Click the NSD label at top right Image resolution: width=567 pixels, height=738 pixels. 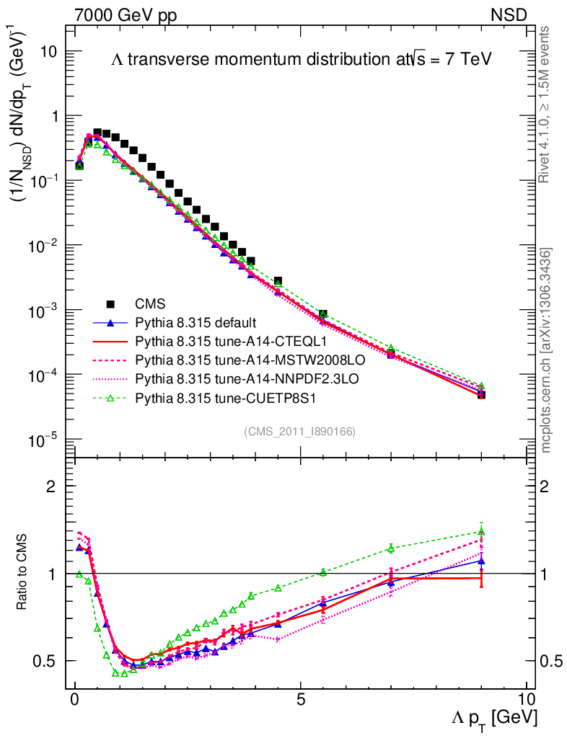coord(509,14)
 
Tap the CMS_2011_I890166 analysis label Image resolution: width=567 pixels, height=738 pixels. coord(299,431)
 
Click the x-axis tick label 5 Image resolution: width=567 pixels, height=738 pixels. coord(301,699)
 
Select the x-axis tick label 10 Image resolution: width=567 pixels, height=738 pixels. coord(526,699)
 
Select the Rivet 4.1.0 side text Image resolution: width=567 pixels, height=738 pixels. coord(546,104)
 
